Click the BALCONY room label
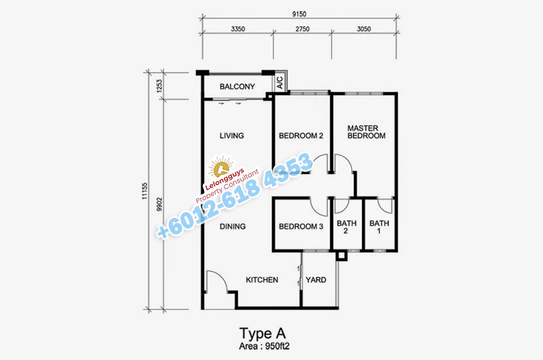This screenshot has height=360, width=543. [x=237, y=86]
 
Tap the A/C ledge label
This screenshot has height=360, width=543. [x=280, y=82]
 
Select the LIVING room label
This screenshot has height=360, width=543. [x=232, y=135]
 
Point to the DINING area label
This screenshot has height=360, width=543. [x=233, y=226]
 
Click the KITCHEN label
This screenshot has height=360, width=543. [x=262, y=280]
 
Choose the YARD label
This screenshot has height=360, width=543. [x=316, y=280]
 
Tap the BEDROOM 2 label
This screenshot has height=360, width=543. [x=301, y=136]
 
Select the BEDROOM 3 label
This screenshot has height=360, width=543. [x=301, y=226]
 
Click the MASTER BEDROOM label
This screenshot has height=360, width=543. [x=366, y=132]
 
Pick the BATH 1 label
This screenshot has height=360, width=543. [x=379, y=227]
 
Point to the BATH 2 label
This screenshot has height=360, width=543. [x=347, y=227]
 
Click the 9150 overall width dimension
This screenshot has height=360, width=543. [x=299, y=14]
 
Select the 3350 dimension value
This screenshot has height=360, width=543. [x=238, y=29]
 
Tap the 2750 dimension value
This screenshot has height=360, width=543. [x=302, y=29]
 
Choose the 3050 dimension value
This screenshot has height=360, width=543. [x=364, y=29]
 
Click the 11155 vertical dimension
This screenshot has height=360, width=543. [x=145, y=191]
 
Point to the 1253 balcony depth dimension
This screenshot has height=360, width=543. [x=159, y=86]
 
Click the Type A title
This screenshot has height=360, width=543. [x=262, y=333]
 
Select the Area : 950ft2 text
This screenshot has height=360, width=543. [x=264, y=346]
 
